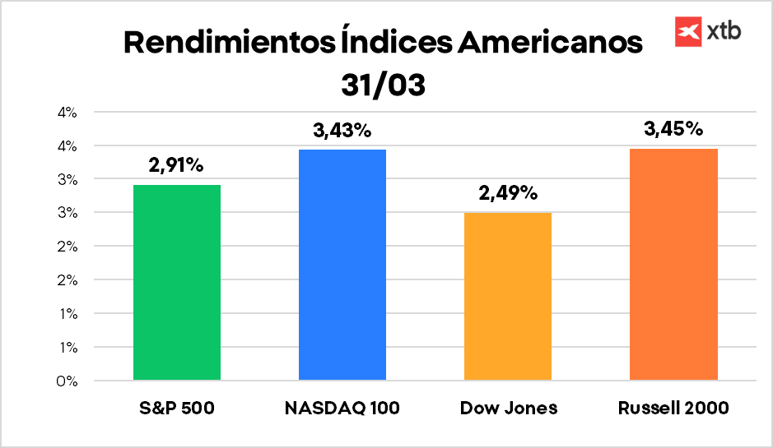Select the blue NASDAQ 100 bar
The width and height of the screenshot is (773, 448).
coord(342,265)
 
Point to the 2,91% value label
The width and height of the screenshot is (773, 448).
coord(176,165)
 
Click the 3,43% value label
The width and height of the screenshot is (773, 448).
coord(342,130)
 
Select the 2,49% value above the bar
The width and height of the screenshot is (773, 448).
coord(507,194)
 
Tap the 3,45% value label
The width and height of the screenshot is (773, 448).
coord(673,128)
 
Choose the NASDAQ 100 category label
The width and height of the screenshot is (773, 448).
coord(342,409)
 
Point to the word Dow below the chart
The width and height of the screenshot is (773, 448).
coord(477,409)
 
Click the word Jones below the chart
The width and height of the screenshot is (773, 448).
coord(529,409)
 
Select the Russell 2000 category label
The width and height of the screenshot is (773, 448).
coord(674,409)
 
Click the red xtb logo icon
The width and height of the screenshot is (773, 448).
coord(687,31)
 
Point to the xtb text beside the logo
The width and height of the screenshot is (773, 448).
coord(724,32)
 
